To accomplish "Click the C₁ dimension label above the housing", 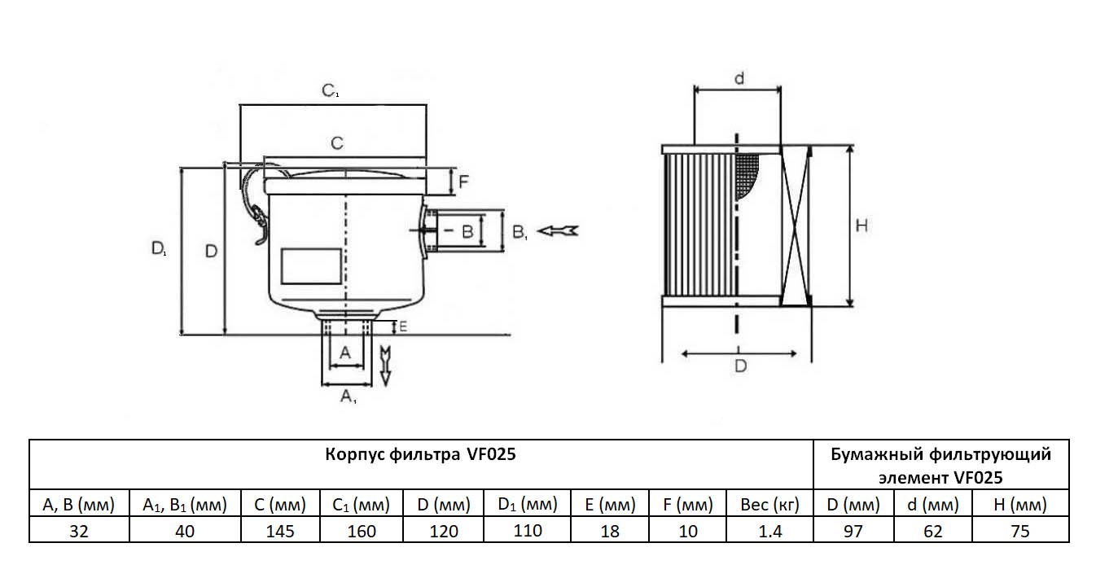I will tap(330, 91).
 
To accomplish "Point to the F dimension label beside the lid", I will tap(463, 182).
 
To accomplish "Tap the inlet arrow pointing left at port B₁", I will tap(560, 230).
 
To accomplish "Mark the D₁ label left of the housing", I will tap(159, 249).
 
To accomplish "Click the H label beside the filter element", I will tap(861, 226).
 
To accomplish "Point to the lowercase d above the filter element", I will tap(739, 78).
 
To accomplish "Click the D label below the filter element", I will tap(740, 366).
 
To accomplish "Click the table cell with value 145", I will tap(279, 532).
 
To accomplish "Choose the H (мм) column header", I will tap(1019, 506).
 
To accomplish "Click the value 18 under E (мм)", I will tap(609, 532).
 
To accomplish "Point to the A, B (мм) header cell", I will tap(79, 506).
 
